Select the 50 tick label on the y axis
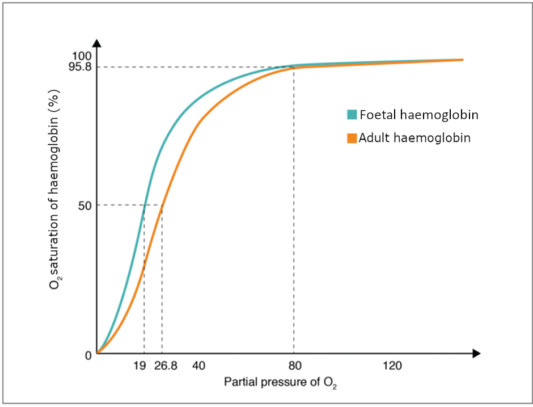[x=86, y=205]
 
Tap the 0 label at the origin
[x=88, y=356]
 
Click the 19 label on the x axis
[x=139, y=366]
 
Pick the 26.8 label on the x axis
[x=166, y=366]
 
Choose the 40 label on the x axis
[x=198, y=366]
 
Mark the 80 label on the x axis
[x=294, y=366]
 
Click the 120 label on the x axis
[x=392, y=366]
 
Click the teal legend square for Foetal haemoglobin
[x=352, y=115]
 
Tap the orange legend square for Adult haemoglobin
[x=352, y=138]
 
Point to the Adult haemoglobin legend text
[x=414, y=138]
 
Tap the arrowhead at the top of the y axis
[x=98, y=43]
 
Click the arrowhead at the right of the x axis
[x=476, y=354]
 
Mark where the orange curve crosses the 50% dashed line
[x=162, y=205]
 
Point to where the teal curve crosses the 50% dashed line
[x=145, y=205]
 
